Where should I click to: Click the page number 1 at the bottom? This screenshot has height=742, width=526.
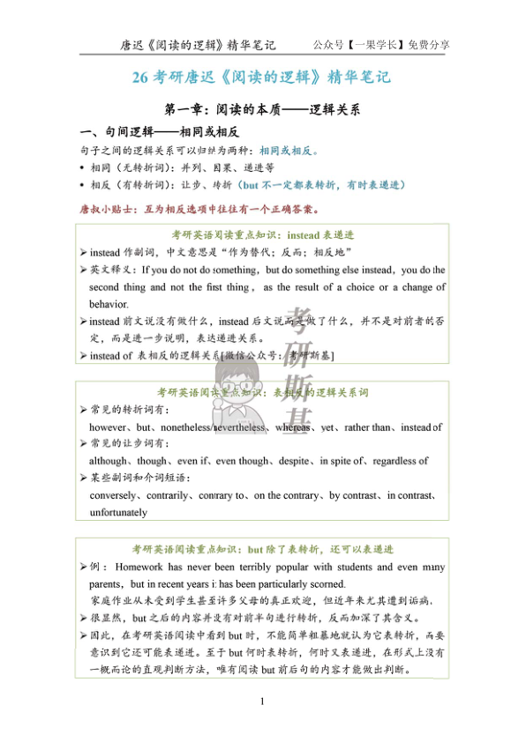coord(262,701)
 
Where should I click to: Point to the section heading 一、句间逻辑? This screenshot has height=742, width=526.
coord(147,131)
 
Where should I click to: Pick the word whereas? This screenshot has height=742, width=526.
coord(292,427)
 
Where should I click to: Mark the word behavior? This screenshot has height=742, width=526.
coord(109,303)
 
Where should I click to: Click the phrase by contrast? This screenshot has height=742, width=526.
coord(352,495)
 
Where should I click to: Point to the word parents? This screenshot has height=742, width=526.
coord(107,584)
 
